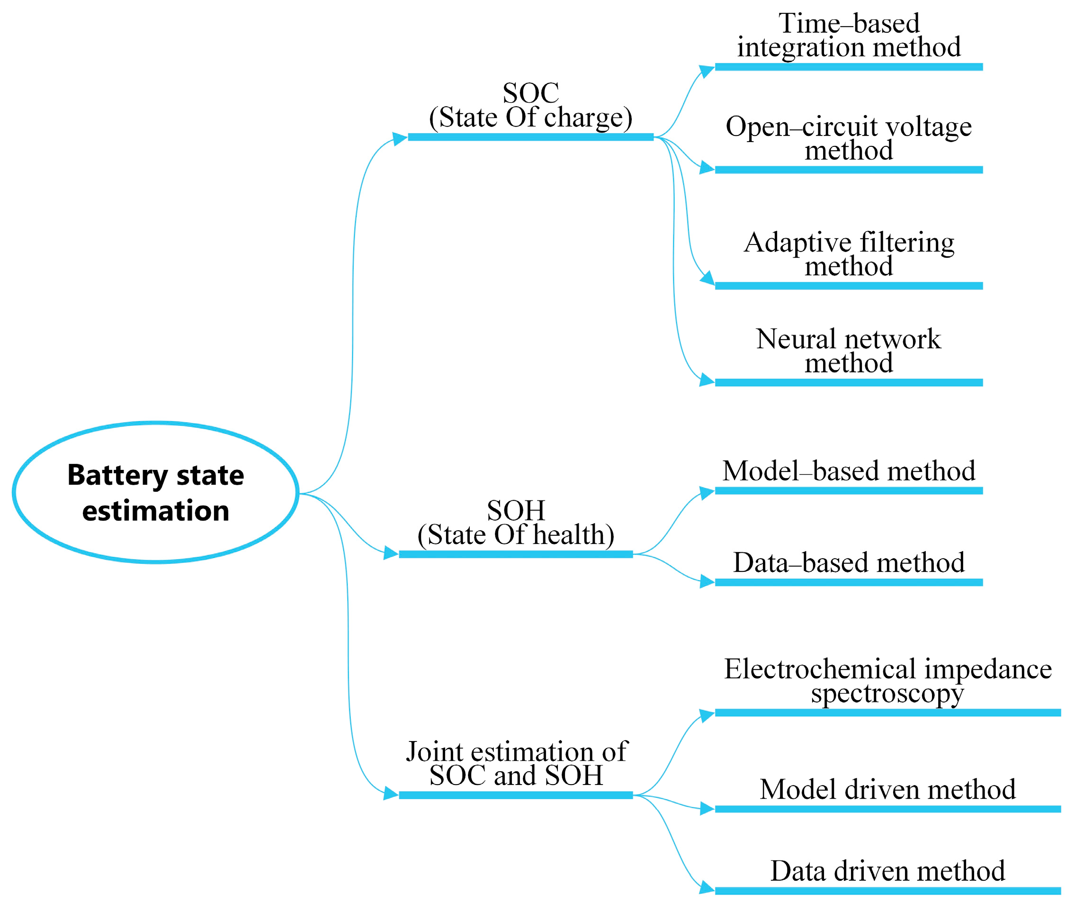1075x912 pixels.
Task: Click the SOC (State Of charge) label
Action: (531, 106)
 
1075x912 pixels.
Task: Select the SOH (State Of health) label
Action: (515, 523)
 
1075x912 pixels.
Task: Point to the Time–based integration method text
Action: (849, 35)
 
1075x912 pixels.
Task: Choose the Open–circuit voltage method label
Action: (849, 138)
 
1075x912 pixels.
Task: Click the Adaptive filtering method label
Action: (849, 254)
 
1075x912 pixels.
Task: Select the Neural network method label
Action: (849, 351)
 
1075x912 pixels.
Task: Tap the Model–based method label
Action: (849, 471)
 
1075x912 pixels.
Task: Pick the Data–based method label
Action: (849, 562)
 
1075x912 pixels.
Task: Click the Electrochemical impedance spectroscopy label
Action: (887, 680)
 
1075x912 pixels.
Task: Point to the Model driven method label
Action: (887, 789)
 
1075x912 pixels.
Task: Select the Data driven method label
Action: (887, 871)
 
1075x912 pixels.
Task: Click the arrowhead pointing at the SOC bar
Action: (399, 138)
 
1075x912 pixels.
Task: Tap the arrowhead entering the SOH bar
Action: (390, 554)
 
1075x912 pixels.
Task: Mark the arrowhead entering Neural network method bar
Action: (706, 380)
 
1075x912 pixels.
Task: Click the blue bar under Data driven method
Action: (887, 891)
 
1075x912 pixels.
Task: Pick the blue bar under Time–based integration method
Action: (849, 67)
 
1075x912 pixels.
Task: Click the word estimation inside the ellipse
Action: (155, 511)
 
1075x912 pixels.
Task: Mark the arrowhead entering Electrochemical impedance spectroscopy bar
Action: (707, 715)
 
